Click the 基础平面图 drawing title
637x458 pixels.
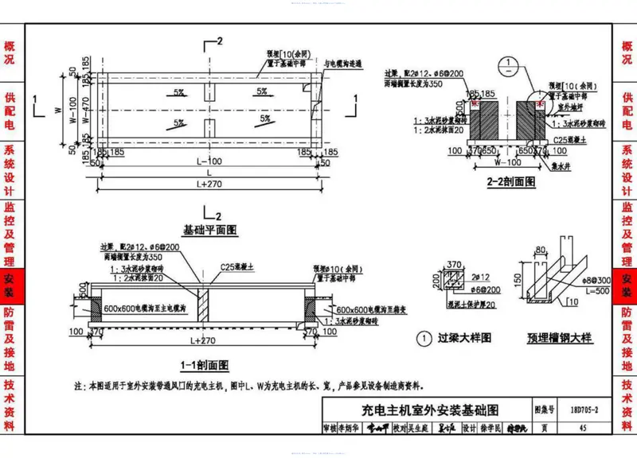(211, 230)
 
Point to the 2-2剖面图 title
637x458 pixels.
(510, 182)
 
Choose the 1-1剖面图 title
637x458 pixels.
(205, 365)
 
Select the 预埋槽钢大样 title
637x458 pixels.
(560, 338)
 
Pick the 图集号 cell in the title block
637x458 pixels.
(543, 410)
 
